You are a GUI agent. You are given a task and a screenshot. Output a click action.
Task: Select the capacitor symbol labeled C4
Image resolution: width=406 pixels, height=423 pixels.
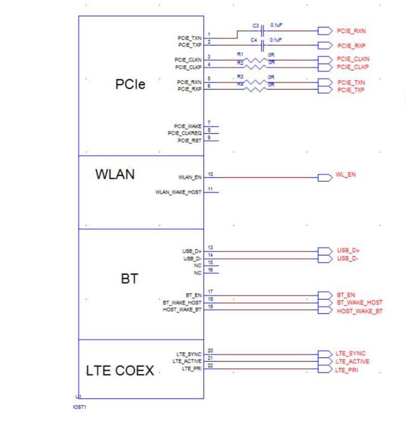click(x=263, y=46)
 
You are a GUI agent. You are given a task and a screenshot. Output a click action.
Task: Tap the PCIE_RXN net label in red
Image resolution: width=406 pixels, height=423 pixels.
click(x=351, y=31)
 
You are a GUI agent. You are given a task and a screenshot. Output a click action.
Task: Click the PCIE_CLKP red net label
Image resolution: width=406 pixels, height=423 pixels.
click(x=353, y=67)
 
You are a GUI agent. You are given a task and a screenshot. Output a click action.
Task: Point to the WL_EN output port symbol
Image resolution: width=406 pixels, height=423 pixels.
click(x=324, y=177)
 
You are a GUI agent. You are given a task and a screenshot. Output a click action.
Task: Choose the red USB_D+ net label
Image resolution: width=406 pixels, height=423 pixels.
click(x=348, y=250)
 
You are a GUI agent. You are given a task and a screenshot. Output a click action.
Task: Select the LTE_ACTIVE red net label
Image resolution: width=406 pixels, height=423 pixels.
click(x=352, y=362)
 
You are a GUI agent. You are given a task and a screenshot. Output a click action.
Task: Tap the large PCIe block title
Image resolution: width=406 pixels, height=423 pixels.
click(x=130, y=84)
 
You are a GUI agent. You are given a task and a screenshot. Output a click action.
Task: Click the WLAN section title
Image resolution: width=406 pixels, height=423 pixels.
click(x=115, y=175)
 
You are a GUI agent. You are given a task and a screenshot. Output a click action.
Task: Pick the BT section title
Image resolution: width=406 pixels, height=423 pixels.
click(x=129, y=278)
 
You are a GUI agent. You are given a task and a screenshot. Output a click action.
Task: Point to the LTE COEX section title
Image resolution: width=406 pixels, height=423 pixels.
click(x=120, y=371)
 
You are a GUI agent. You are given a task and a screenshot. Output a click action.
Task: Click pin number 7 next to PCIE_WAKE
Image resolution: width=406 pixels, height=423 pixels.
click(x=209, y=123)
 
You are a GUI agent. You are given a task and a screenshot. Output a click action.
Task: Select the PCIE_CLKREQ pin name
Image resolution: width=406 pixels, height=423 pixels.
click(x=184, y=133)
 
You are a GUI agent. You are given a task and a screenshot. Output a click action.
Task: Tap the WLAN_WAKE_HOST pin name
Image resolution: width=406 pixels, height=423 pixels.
click(x=178, y=192)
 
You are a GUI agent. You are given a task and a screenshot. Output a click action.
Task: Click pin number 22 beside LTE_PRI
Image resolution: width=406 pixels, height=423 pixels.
click(x=210, y=365)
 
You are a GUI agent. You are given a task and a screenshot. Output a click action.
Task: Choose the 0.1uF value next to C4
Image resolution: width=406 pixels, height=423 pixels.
click(x=276, y=39)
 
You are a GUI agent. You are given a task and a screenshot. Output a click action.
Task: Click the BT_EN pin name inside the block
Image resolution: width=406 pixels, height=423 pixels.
click(x=194, y=294)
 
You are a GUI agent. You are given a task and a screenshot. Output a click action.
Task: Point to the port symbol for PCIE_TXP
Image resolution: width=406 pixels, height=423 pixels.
click(x=324, y=90)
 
